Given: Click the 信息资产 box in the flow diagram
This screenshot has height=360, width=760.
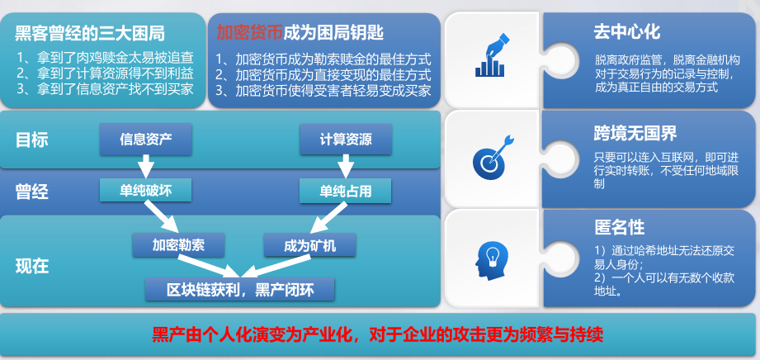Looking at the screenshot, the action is pos(146,140).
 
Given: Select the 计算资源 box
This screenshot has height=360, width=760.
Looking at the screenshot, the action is pos(346,140).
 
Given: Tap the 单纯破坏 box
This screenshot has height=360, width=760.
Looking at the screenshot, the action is pos(146,190).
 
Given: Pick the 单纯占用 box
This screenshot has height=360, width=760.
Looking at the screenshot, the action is pos(345,192).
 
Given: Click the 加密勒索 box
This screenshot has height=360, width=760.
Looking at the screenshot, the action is pos(178,244).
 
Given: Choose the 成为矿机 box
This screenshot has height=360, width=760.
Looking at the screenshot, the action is pos(310,244).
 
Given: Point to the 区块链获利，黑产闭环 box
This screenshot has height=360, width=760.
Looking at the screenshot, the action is pos(240,290).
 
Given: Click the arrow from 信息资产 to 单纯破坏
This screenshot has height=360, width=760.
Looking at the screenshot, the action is pos(145,167).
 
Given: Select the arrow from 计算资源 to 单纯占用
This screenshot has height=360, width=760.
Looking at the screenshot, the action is pos(345,167).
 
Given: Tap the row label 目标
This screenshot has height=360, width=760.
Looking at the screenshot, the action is pos(32,140).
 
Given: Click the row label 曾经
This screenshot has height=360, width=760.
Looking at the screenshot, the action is pos(32,192).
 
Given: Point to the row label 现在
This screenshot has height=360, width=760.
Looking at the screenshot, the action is pos(32,267).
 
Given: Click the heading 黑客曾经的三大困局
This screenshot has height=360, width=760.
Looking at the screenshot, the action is pos(90,34).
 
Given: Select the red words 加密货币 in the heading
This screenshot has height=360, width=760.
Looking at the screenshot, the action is pos(249,32).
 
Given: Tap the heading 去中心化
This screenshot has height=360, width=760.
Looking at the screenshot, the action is pos(626,32).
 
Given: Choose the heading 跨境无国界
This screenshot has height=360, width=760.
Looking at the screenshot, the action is pos(635,134).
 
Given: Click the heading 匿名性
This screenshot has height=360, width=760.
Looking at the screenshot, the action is pos(619,227).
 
